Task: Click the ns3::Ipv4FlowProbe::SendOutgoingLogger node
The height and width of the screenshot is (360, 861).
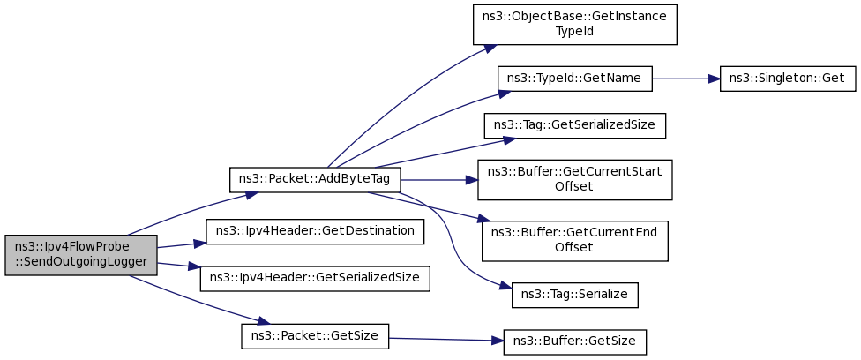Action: [x=81, y=255]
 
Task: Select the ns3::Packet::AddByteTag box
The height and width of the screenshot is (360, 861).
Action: [x=315, y=180]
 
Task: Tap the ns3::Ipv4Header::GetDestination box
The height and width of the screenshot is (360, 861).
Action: [x=315, y=231]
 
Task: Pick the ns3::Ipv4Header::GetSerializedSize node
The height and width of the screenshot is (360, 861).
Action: [x=315, y=279]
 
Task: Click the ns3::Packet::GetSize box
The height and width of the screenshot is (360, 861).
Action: [x=315, y=336]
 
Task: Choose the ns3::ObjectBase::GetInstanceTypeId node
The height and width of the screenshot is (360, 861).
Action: [x=575, y=25]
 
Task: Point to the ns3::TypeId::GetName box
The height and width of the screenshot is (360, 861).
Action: [x=575, y=79]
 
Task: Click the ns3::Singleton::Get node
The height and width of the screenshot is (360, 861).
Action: [x=788, y=79]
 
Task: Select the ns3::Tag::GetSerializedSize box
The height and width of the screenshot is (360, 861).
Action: [x=575, y=125]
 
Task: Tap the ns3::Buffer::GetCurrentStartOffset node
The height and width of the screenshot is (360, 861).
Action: [x=575, y=180]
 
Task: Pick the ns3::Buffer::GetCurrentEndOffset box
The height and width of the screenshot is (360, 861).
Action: [x=575, y=241]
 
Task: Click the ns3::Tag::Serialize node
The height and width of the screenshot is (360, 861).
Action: [x=575, y=295]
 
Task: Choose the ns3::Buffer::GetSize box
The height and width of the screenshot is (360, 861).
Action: [x=575, y=341]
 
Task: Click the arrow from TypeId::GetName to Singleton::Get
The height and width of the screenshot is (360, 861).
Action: [x=685, y=79]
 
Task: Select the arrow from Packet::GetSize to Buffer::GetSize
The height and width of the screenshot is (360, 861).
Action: [x=445, y=339]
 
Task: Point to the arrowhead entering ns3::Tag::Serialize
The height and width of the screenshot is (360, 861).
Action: [x=505, y=287]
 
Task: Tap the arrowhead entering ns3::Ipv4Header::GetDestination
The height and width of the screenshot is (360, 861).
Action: [x=199, y=243]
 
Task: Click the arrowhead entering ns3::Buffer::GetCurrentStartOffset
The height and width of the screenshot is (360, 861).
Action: [x=471, y=180]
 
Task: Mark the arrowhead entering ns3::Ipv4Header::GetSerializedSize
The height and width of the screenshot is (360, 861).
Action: [x=194, y=267]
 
